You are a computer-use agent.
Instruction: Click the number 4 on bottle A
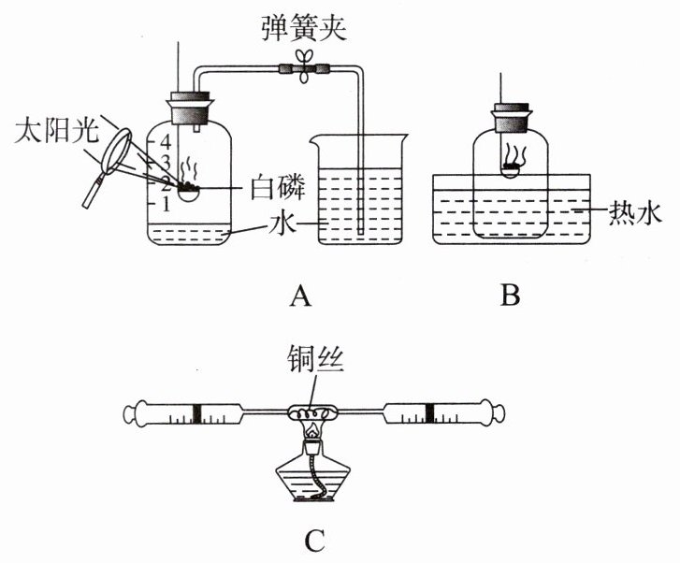click(x=165, y=143)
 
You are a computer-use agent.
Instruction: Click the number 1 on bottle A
click(x=165, y=202)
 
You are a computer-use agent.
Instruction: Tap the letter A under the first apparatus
click(x=299, y=296)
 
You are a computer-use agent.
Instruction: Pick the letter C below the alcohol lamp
click(x=315, y=540)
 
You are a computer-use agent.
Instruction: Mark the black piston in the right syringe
click(x=429, y=411)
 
